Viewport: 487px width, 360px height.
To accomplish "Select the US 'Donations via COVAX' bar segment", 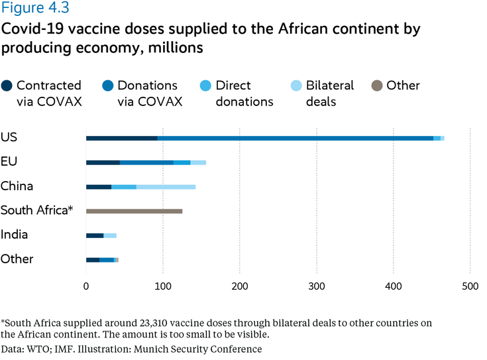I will tap(295, 138).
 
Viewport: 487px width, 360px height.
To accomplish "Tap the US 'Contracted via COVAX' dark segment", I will tap(122, 138).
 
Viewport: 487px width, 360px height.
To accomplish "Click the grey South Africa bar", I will tap(134, 211).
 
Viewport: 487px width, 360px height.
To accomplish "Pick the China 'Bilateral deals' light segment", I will tap(166, 187).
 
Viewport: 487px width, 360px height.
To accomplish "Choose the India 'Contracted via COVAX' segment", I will tap(95, 235).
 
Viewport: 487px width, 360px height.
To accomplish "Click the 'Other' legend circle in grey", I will tap(376, 86).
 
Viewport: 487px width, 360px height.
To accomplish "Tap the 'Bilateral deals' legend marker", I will tap(296, 86).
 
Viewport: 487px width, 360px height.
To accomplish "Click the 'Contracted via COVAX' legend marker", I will tap(7, 86).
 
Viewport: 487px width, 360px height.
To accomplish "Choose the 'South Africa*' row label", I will tap(36, 211).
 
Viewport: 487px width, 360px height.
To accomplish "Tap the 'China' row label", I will tap(17, 186).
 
